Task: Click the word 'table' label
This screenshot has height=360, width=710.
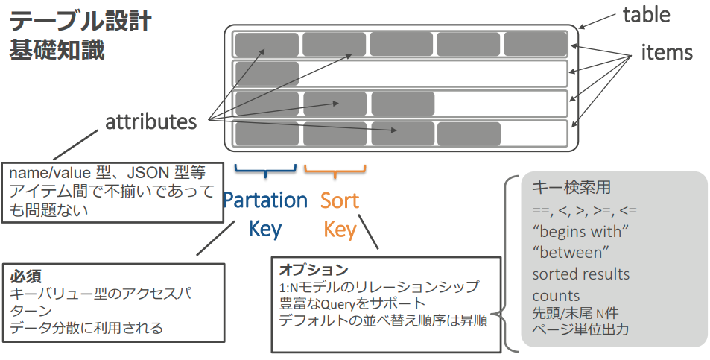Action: coord(646,15)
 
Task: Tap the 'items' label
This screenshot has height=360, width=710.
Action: coord(667,52)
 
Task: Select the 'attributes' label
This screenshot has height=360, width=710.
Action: coord(150,121)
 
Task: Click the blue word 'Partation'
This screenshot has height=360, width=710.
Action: coord(265,200)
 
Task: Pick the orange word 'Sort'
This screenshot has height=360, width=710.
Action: coord(340,200)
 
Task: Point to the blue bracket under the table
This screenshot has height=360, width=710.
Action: coord(265,170)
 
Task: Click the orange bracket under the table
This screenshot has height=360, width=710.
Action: coord(335,170)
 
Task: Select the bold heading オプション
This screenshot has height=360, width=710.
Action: coord(314,269)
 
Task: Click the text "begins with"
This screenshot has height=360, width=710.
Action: coord(581,231)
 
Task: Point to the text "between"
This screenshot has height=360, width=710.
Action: coord(571,252)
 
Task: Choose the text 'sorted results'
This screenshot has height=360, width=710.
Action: coord(581,274)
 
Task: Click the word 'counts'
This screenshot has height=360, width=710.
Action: coord(556,296)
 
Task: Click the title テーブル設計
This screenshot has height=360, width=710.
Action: coord(80,22)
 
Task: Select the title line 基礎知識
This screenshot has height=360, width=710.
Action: coord(57,50)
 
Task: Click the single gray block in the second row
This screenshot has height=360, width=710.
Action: coord(267,74)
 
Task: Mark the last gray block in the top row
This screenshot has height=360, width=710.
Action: coord(535,45)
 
